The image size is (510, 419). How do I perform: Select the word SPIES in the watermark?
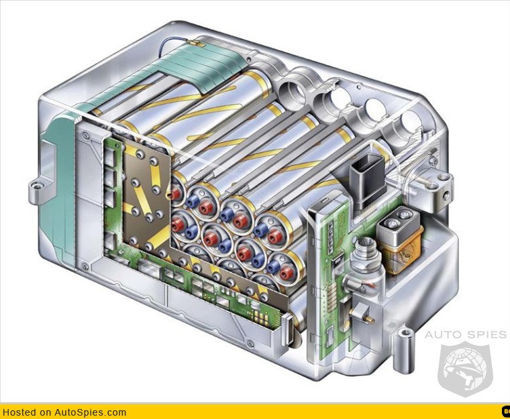coord(484,334)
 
